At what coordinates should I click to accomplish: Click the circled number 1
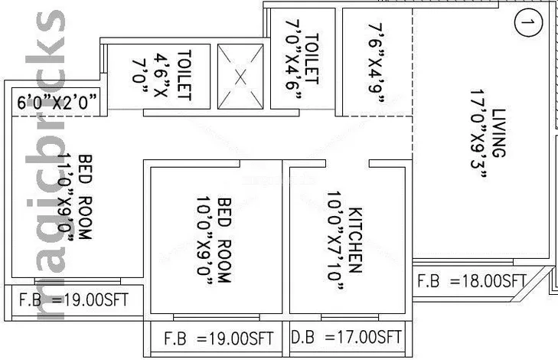click(x=528, y=22)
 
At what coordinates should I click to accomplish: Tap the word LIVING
click(x=498, y=133)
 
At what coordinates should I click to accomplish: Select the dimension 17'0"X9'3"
click(x=478, y=133)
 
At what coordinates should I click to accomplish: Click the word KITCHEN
click(x=355, y=240)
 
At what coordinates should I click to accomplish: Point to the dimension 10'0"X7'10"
click(x=335, y=241)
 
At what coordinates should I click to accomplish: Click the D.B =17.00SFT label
click(x=346, y=337)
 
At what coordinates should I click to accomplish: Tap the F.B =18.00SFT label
click(x=472, y=281)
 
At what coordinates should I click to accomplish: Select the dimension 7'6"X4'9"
click(x=376, y=63)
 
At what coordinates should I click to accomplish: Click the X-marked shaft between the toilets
click(x=240, y=77)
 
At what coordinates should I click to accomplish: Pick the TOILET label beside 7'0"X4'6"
click(x=312, y=59)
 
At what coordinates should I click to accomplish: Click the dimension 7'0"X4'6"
click(x=293, y=59)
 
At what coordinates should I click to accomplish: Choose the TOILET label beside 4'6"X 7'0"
click(x=184, y=75)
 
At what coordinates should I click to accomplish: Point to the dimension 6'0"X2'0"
click(x=57, y=102)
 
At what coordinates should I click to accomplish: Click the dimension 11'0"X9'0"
click(x=65, y=197)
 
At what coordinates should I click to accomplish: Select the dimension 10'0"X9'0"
click(x=204, y=241)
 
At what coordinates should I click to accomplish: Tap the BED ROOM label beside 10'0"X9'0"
click(x=224, y=241)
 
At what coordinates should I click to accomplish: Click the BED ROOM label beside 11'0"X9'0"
click(x=85, y=197)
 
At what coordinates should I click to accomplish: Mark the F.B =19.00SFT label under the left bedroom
click(x=73, y=299)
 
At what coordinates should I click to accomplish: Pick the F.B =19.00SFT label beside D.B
click(x=218, y=339)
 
